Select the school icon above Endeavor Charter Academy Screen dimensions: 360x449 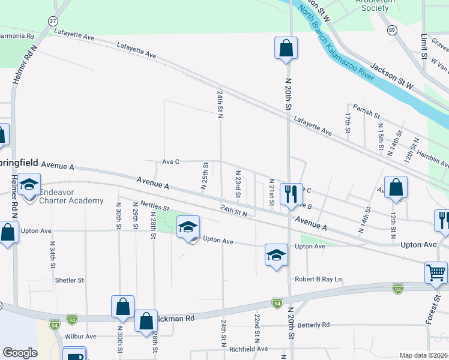click(28, 185)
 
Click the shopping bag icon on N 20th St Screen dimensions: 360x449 click(286, 48)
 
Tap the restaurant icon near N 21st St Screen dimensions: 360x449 click(291, 194)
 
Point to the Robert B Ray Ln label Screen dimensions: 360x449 click(318, 279)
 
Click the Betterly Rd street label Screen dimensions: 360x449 click(313, 325)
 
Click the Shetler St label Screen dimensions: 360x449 click(69, 280)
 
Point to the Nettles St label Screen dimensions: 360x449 click(155, 207)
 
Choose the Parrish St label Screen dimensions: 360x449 click(367, 111)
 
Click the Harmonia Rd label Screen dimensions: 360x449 click(17, 35)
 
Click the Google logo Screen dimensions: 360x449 click(20, 353)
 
